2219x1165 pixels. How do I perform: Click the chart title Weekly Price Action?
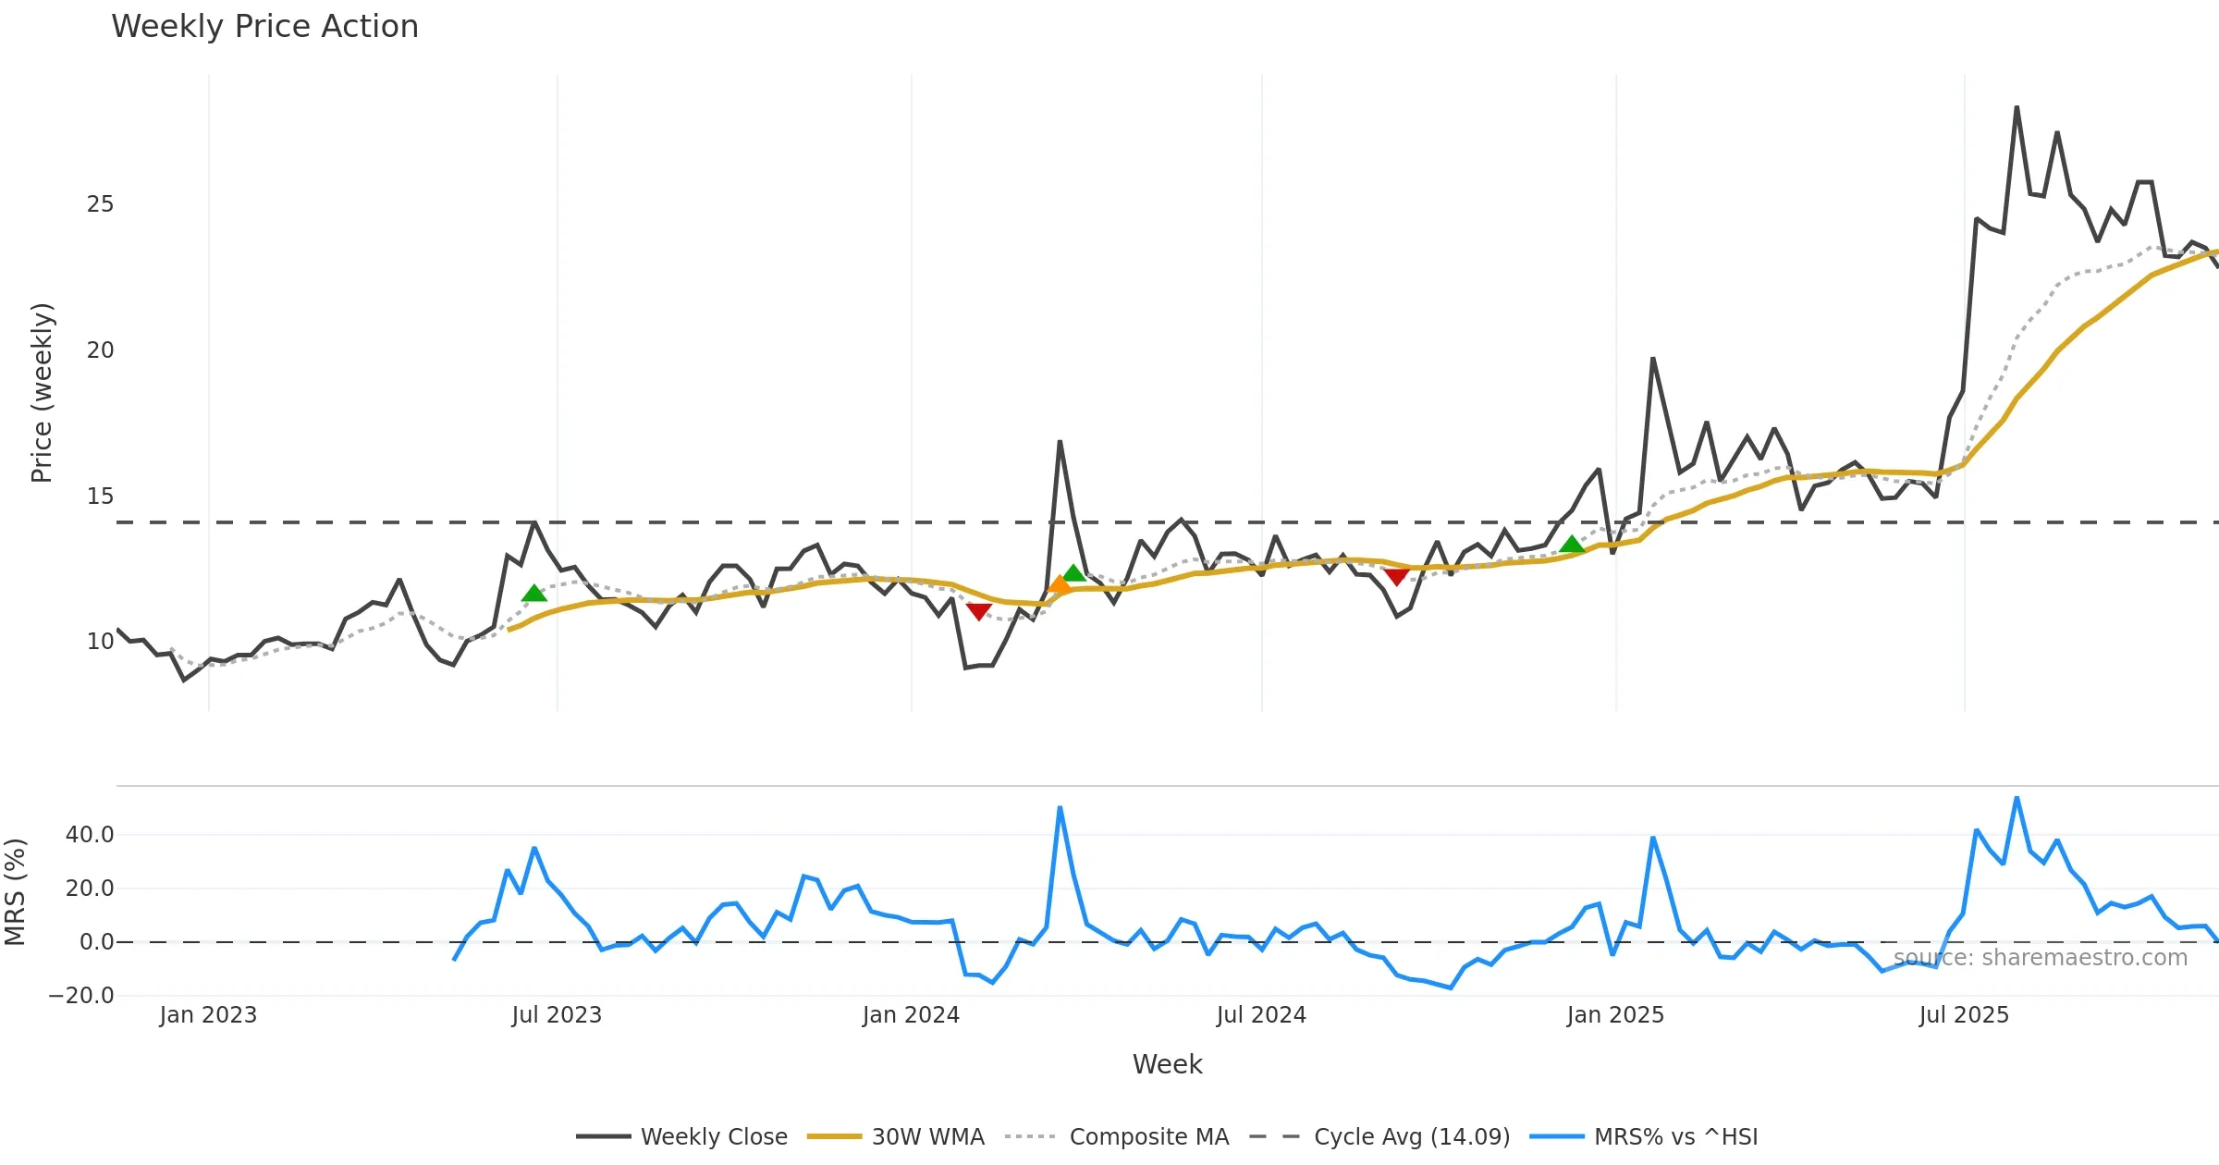[x=264, y=27]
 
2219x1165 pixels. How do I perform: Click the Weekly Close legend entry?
[x=714, y=1136]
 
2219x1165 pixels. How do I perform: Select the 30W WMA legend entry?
[x=927, y=1136]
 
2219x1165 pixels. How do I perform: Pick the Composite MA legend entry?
[x=1148, y=1136]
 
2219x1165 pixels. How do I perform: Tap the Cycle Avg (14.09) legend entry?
[x=1411, y=1136]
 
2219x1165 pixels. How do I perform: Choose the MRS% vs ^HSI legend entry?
[x=1675, y=1136]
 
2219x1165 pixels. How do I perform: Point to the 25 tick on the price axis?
[x=100, y=204]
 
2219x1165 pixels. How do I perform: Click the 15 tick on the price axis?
[x=100, y=497]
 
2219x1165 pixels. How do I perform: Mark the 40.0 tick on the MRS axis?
[x=90, y=835]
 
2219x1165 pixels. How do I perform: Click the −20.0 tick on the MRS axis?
[x=81, y=996]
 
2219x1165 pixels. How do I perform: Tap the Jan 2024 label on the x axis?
[x=911, y=1015]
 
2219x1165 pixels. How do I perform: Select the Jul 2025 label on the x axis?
[x=1964, y=1015]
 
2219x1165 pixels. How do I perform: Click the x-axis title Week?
[x=1167, y=1064]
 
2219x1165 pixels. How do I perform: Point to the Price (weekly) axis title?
[x=42, y=393]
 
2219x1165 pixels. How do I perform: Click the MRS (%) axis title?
[x=15, y=892]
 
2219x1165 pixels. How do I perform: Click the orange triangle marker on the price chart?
[x=1060, y=584]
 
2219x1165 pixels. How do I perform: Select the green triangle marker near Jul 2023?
[x=533, y=593]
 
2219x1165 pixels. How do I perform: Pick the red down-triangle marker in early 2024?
[x=978, y=611]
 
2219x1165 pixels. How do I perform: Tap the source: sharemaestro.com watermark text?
[x=2040, y=958]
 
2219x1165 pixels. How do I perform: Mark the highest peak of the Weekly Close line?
[x=2017, y=108]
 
